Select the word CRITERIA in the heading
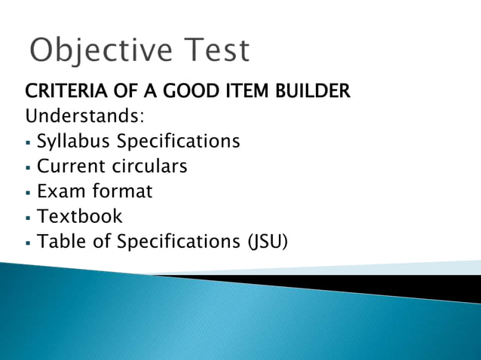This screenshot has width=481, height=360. [64, 93]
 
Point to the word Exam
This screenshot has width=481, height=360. [59, 191]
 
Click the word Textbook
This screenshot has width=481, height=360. [79, 217]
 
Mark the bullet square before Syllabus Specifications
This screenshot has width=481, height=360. [28, 142]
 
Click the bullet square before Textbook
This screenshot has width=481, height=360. [28, 218]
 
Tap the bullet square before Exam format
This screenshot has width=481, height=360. [28, 193]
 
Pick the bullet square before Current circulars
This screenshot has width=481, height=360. [28, 167]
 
